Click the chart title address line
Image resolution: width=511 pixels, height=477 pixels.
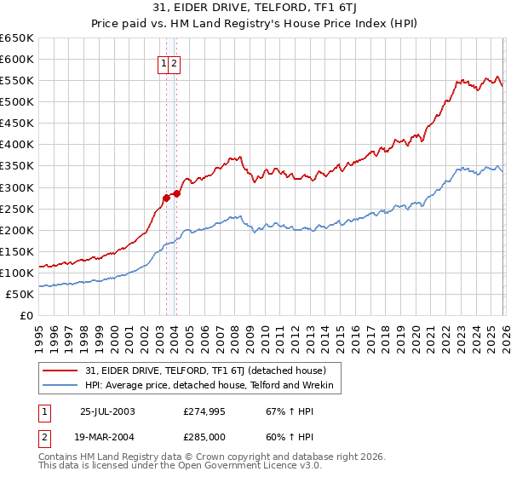(255, 9)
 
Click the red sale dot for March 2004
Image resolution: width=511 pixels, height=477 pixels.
(176, 193)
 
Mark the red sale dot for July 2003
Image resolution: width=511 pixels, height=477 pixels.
(166, 198)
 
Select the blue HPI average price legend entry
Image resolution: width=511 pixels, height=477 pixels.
(213, 387)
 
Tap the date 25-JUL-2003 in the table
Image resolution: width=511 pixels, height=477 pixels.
(106, 411)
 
